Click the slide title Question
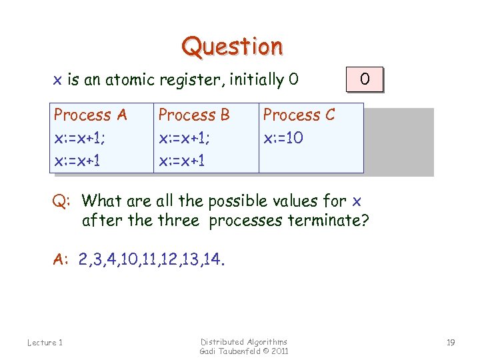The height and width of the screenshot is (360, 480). pos(233,47)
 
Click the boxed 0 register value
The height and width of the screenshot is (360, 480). pos(365,79)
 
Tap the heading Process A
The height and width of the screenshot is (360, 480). pos(90,115)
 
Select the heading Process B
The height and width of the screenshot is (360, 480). pos(193,115)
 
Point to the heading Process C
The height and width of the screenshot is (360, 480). pos(299,115)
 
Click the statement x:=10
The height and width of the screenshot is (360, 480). pos(284,138)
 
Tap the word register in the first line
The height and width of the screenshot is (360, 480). pos(195,80)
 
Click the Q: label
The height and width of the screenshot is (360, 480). pos(63,201)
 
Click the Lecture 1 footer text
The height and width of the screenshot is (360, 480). pos(45,343)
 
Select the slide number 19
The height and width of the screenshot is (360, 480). pos(451,343)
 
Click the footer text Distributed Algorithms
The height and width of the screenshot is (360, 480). pos(244,341)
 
